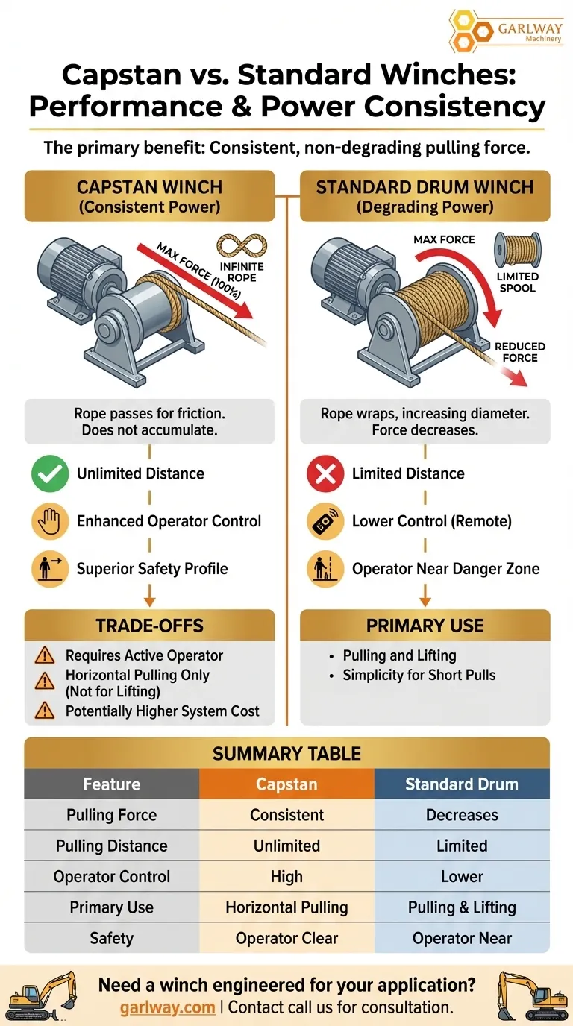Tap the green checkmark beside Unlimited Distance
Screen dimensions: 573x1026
tap(51, 473)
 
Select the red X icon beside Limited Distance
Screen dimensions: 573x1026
tap(325, 473)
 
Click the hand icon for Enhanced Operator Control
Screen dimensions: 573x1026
tap(51, 521)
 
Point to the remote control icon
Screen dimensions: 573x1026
tap(325, 521)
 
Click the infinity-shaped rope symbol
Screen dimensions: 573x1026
tap(242, 245)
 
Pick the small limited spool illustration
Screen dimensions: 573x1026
tap(518, 250)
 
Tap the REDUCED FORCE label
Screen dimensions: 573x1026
tap(520, 352)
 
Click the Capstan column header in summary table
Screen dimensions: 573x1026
tap(287, 784)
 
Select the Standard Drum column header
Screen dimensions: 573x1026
tap(462, 784)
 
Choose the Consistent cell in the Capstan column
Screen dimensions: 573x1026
tap(287, 815)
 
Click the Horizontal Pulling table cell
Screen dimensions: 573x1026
tap(287, 907)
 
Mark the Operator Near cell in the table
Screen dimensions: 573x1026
tap(462, 938)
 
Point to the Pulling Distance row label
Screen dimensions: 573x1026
tap(112, 846)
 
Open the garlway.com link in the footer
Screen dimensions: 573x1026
tap(167, 1007)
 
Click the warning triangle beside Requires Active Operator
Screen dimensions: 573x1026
tap(45, 655)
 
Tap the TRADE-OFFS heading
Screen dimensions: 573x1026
tap(149, 626)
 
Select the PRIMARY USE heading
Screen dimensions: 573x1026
tap(425, 626)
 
